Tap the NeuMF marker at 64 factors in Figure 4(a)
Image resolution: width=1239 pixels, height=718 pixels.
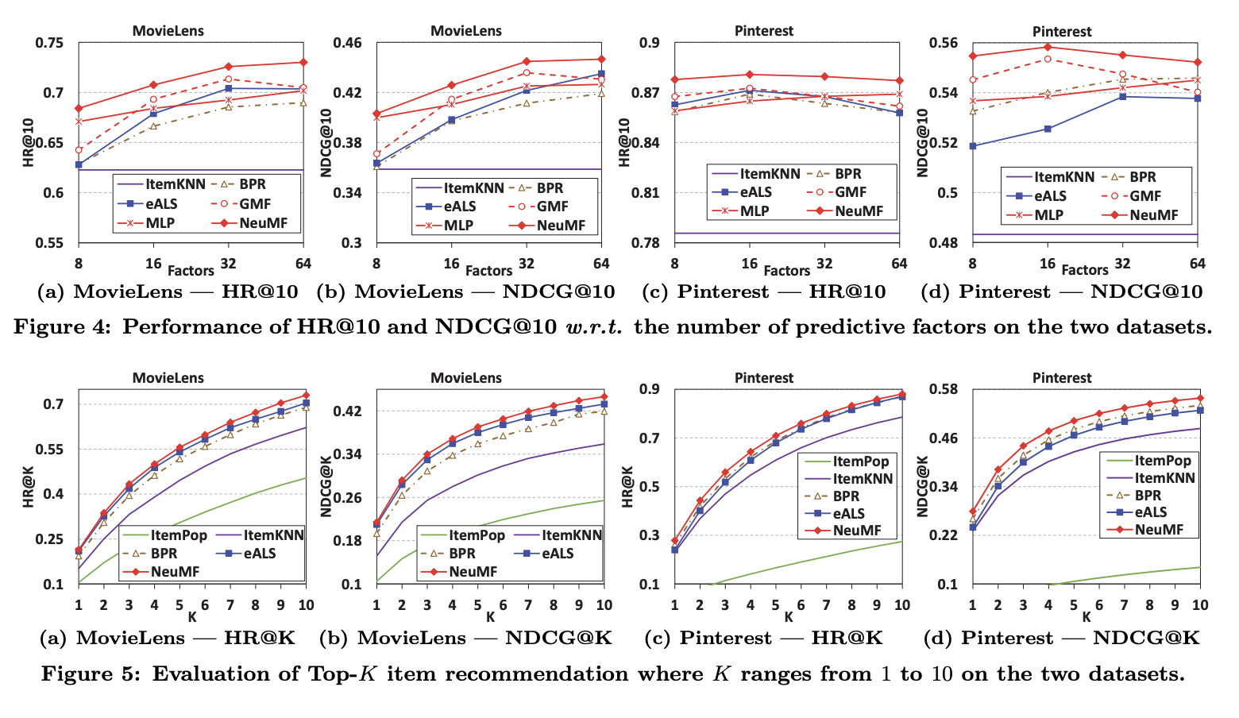coord(303,62)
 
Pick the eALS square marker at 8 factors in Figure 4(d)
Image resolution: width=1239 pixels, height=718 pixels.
coord(972,146)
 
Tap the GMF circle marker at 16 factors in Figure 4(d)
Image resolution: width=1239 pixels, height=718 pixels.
coord(1048,59)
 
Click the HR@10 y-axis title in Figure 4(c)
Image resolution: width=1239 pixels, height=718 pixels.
coord(624,142)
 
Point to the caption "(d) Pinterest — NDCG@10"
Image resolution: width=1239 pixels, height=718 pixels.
coord(1061,291)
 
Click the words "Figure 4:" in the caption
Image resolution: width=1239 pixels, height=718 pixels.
coord(63,327)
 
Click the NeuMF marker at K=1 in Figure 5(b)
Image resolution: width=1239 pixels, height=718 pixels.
coord(376,523)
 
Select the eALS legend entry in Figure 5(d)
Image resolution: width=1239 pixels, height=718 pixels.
coord(1146,512)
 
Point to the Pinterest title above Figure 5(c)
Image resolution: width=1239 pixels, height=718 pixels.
coord(763,378)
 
